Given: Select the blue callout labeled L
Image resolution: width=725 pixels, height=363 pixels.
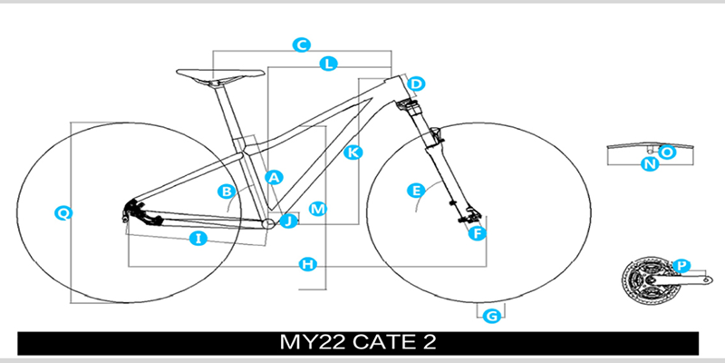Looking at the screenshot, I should tap(330, 64).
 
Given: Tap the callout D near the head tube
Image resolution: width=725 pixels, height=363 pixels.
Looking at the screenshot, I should tap(416, 85).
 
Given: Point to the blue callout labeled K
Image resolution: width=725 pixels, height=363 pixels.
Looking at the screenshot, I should tap(354, 152).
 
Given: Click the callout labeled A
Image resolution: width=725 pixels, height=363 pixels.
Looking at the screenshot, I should tap(273, 177).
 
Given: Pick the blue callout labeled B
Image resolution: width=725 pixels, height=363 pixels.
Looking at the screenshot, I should tap(227, 191).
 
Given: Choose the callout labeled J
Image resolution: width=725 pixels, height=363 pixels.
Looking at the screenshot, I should tap(289, 221).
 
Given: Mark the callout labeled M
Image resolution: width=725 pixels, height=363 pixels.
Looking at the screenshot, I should tap(317, 209).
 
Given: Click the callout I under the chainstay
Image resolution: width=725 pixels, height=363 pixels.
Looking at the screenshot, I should tap(198, 239).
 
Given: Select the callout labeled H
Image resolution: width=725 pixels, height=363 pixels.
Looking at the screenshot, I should tap(308, 264).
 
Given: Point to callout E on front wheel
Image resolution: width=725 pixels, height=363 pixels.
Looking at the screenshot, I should tap(416, 191).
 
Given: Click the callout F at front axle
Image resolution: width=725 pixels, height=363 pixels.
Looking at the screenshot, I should tap(477, 233).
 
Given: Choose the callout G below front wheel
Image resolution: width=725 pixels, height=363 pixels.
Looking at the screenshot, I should tap(492, 316).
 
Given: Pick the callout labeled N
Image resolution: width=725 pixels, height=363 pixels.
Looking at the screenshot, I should tap(649, 164).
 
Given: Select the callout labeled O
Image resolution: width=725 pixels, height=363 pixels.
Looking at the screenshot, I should tap(667, 152).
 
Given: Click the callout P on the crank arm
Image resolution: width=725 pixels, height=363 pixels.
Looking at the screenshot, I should tap(682, 265).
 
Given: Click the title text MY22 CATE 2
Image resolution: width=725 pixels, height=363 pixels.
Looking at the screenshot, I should tap(360, 344).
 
